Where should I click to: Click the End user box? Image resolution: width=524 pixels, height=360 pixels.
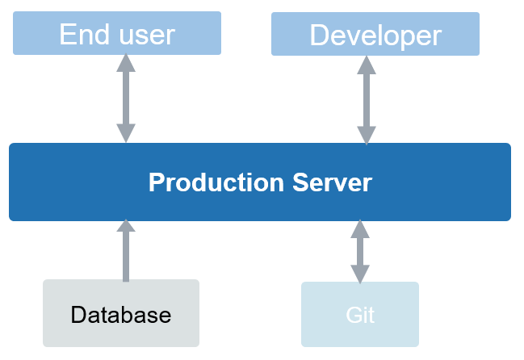coord(117,33)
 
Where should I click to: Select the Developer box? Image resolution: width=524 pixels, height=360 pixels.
coord(375,33)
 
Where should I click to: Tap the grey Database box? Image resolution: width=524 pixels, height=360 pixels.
coord(120,313)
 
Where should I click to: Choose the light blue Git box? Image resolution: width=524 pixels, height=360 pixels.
coord(360,313)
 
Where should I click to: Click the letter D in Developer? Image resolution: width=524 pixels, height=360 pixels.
coord(320,35)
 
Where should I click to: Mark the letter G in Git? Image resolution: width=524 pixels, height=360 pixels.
coord(353,314)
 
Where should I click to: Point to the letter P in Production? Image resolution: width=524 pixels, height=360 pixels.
coord(156,182)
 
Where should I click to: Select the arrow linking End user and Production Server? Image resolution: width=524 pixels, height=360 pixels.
coord(126,98)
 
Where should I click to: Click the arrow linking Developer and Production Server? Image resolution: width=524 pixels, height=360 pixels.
coord(367,98)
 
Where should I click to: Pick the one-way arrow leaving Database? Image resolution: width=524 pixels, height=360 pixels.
coord(126,254)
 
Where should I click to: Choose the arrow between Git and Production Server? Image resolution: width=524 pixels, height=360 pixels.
coord(360,251)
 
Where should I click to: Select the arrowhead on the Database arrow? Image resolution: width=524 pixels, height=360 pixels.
coord(126,228)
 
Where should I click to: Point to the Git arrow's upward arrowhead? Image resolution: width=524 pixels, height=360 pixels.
coord(360,229)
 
